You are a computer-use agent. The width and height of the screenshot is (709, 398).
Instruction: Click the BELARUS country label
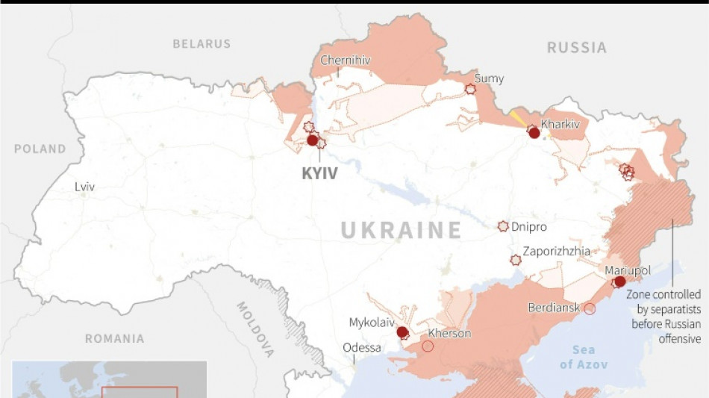[202, 44]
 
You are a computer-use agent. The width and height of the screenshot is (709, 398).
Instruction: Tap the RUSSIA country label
[577, 48]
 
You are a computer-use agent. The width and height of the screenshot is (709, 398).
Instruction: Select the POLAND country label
[40, 149]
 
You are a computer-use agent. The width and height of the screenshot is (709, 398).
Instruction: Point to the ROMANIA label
[114, 339]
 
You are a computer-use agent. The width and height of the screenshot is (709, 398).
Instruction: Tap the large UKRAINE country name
[402, 231]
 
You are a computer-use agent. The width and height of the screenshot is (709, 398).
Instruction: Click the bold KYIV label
[319, 174]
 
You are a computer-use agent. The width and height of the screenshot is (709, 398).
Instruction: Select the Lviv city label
[84, 187]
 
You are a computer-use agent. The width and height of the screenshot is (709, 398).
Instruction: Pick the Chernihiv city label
[345, 60]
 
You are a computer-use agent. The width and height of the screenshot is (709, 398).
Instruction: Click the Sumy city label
[489, 78]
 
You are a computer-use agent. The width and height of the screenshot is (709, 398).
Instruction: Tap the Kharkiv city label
[560, 124]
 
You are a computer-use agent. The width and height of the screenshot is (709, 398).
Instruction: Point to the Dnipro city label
[529, 227]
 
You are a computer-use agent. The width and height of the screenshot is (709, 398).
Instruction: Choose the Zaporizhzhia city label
[556, 252]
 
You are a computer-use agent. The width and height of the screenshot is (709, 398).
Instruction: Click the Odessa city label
[362, 348]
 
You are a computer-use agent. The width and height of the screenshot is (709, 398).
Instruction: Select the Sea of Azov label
[584, 357]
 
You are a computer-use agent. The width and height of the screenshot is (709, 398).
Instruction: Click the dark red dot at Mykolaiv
[402, 332]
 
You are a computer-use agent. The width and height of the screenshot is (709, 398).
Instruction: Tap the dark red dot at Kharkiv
[534, 133]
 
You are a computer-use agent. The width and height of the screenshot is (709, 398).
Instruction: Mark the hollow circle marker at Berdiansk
[590, 308]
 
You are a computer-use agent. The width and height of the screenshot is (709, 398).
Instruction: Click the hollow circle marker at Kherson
[428, 346]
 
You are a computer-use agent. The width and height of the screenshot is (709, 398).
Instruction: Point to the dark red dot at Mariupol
[619, 282]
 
